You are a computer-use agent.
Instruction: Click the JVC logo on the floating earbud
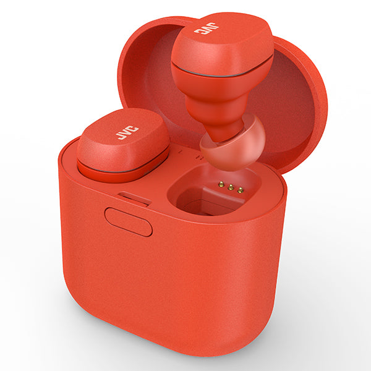(206, 28)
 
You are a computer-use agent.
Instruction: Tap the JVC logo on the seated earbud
(127, 132)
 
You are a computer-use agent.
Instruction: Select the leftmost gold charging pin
(221, 184)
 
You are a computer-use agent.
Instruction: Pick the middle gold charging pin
(231, 187)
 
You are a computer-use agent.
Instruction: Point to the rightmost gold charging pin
(240, 190)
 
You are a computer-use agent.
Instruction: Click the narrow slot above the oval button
(134, 198)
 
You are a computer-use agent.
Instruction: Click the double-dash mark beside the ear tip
(198, 157)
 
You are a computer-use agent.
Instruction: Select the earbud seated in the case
(123, 145)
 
